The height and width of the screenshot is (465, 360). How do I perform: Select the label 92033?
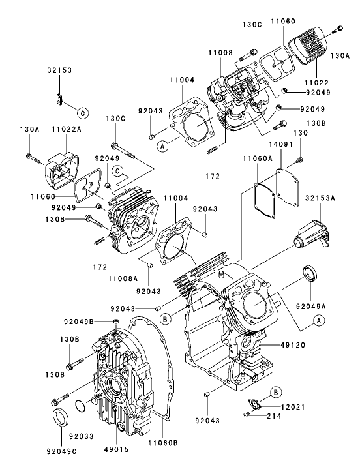tap(80, 434)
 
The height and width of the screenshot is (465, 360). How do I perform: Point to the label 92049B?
tap(78, 322)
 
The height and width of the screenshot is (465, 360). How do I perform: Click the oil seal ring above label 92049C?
tap(61, 417)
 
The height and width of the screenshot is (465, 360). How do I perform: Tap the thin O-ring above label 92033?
tap(79, 405)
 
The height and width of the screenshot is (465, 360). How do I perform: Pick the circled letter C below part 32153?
tap(82, 112)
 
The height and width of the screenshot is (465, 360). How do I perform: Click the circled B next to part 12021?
tap(276, 391)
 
